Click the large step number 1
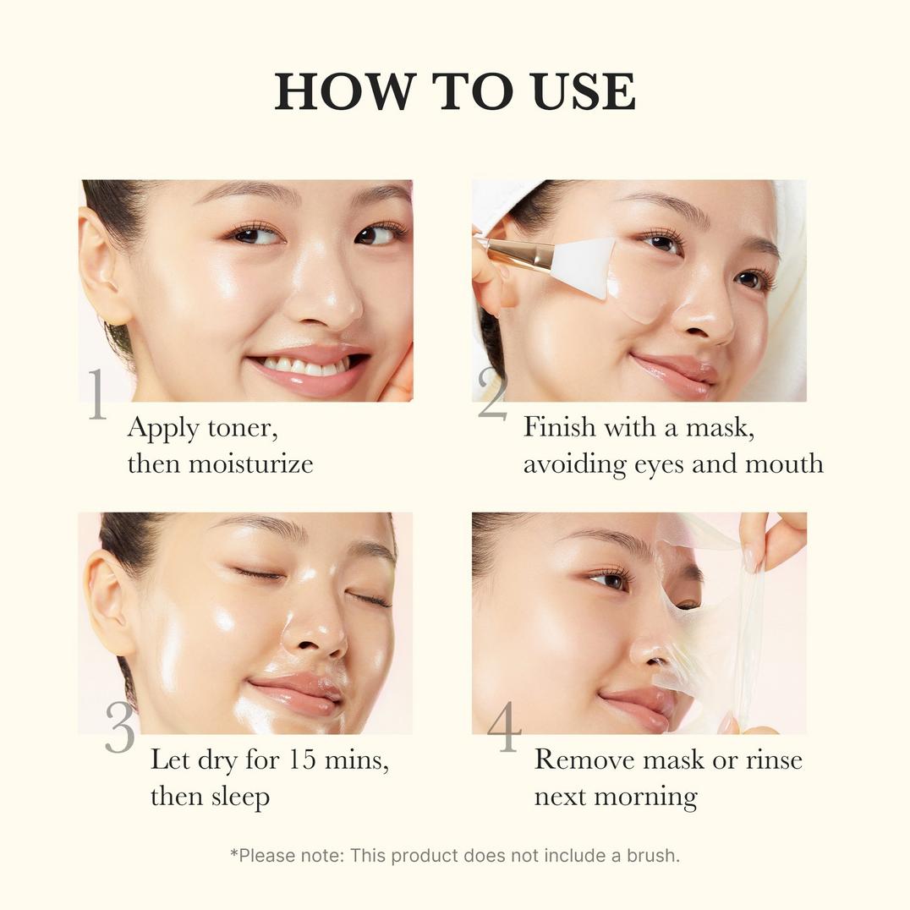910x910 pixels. pos(96,394)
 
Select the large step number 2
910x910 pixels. pos(491,394)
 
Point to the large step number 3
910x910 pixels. pos(119,726)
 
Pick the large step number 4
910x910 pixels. pos(504,726)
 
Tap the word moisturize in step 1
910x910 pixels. pos(250,463)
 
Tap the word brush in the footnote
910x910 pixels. pos(652,855)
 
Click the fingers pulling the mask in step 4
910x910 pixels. pos(770,534)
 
